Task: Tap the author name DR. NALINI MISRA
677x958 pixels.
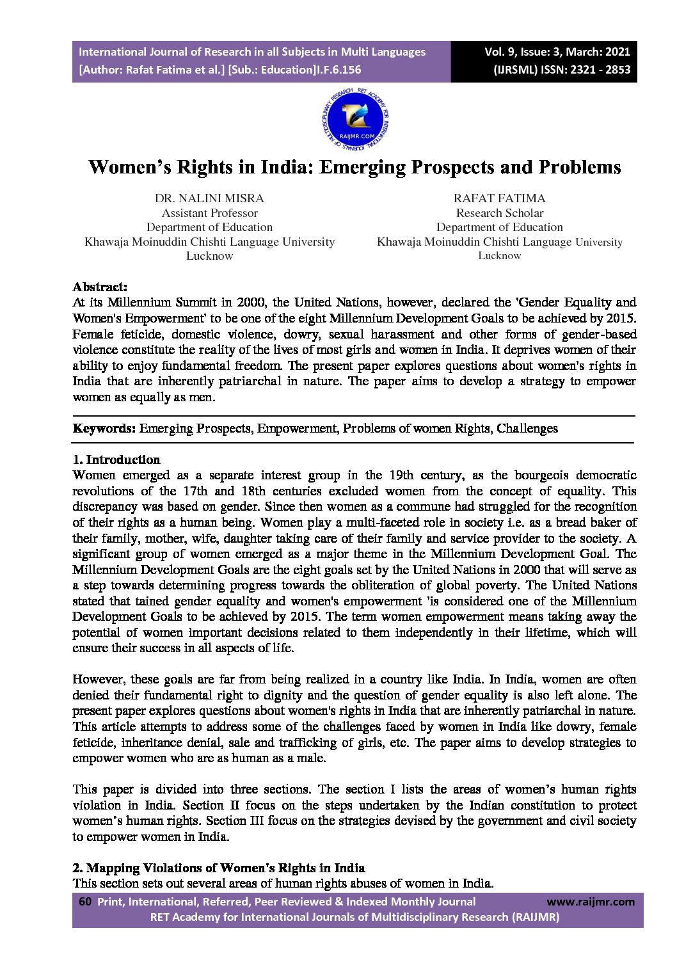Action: click(x=209, y=198)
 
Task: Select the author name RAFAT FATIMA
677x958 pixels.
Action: click(x=499, y=198)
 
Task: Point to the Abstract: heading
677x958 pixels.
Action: click(x=100, y=287)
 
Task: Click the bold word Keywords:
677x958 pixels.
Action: click(x=104, y=428)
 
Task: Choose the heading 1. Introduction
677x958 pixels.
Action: click(x=116, y=459)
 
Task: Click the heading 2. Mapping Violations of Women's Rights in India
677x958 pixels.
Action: click(x=219, y=868)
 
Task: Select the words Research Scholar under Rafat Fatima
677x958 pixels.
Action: click(x=499, y=213)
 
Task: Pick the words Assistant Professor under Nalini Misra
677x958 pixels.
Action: click(x=209, y=213)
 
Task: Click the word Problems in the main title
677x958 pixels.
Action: click(x=579, y=167)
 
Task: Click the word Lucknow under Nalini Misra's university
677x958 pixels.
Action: click(x=209, y=256)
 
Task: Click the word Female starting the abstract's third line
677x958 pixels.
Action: click(x=93, y=334)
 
